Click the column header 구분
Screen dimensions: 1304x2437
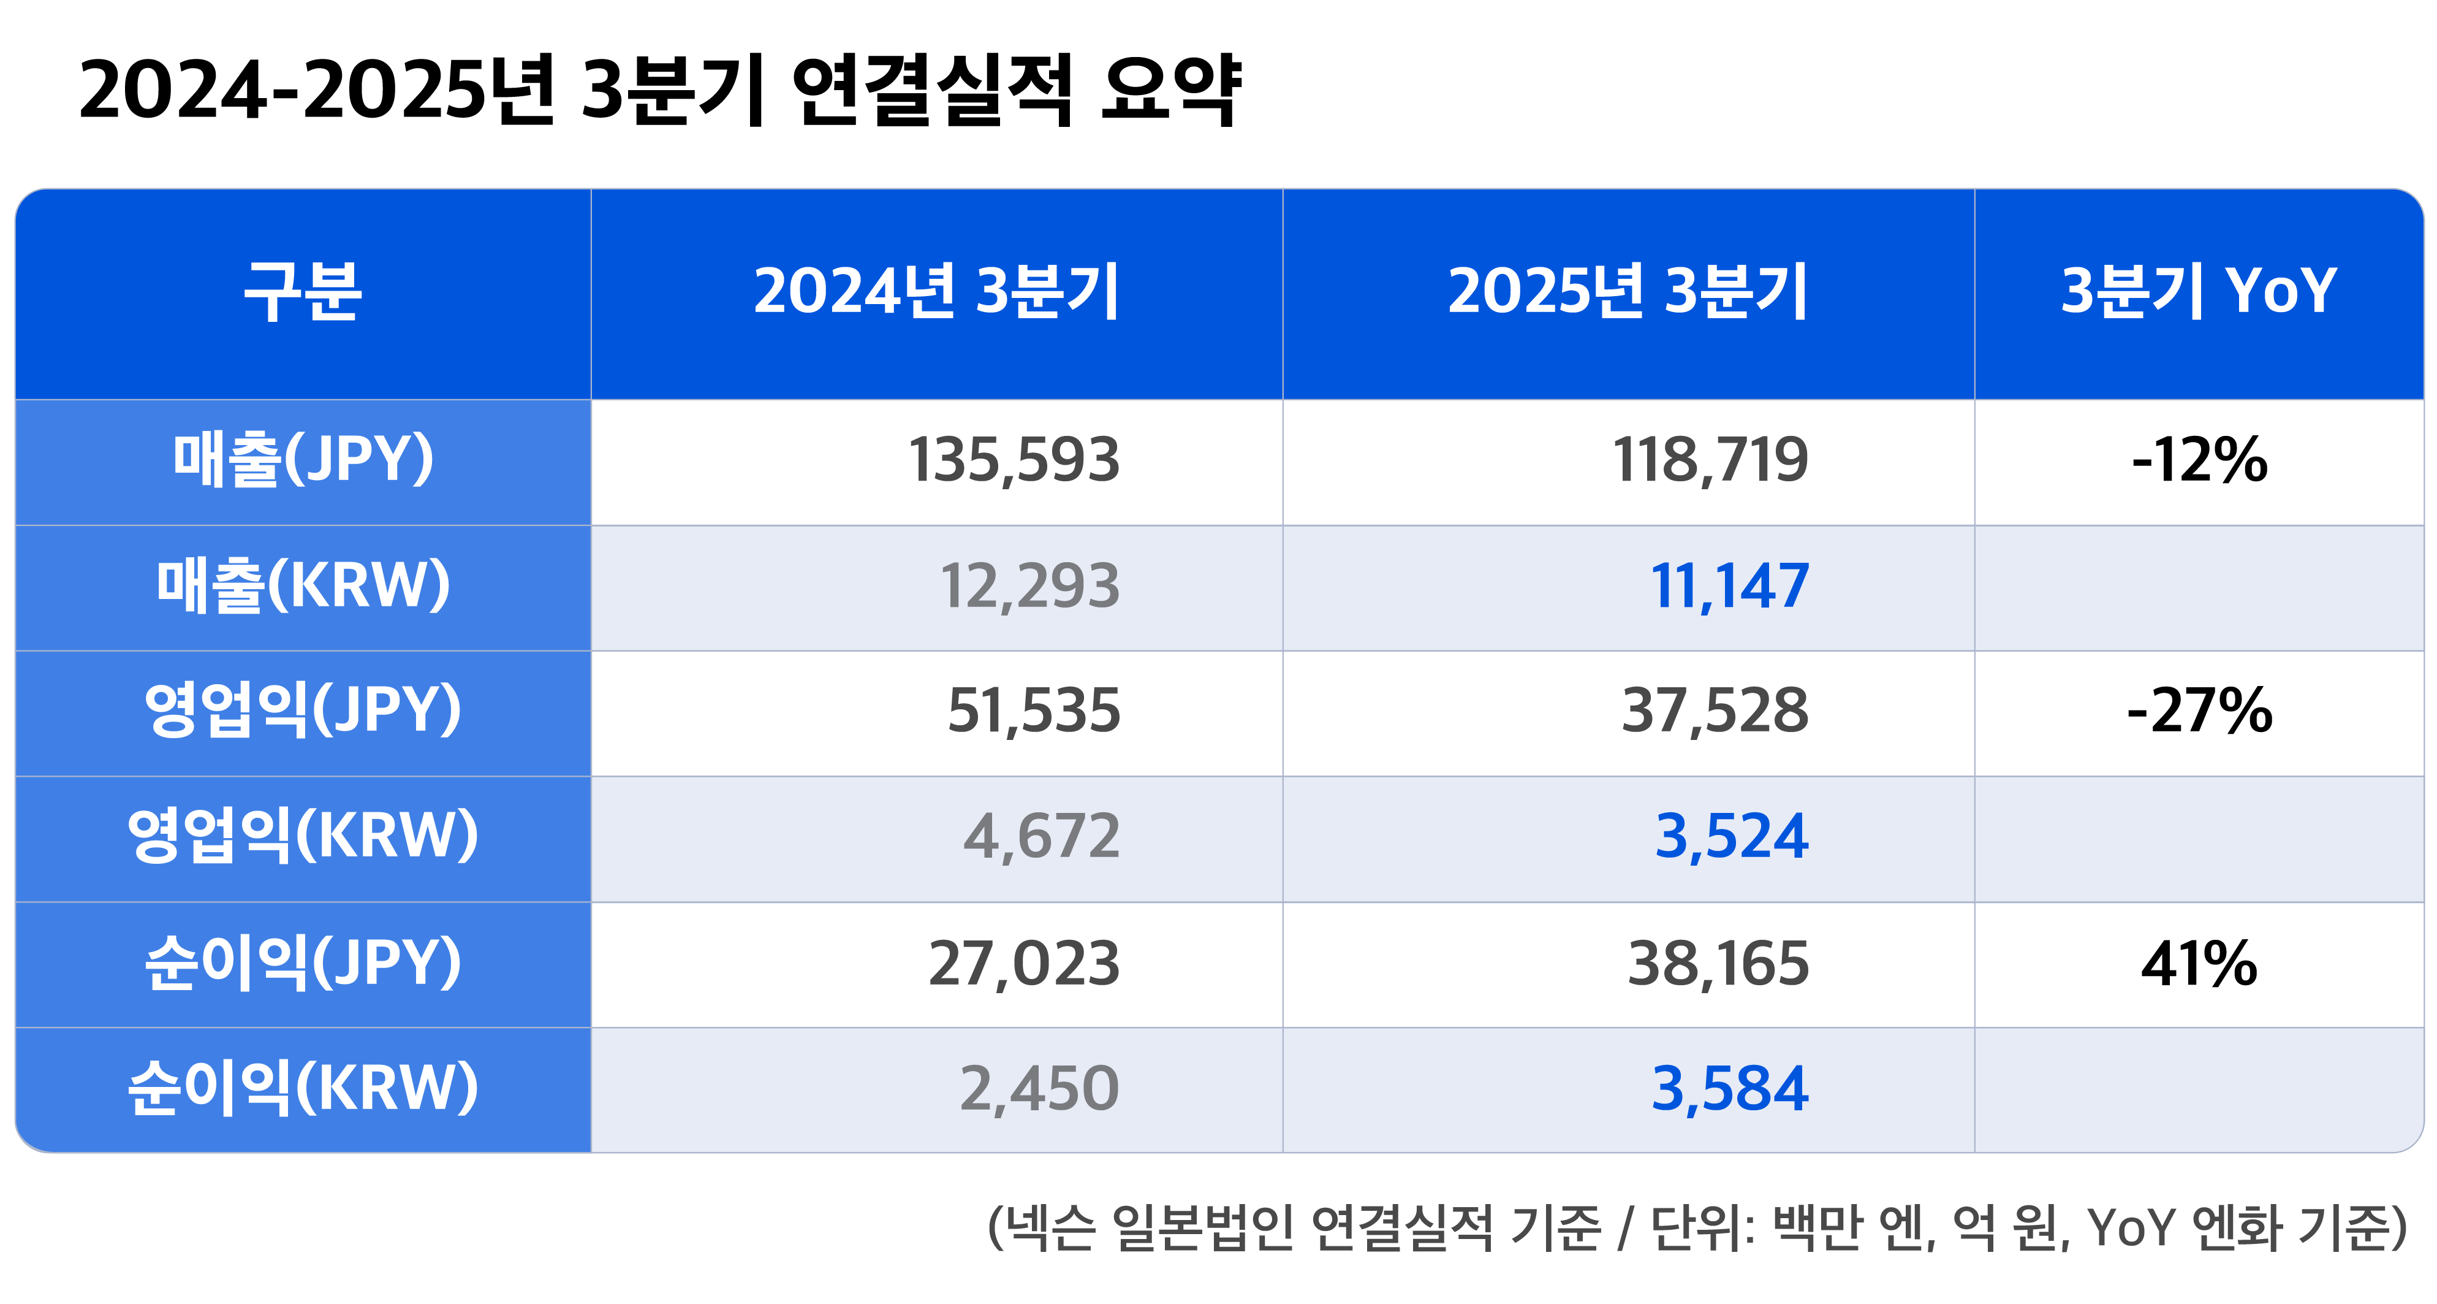pyautogui.click(x=303, y=291)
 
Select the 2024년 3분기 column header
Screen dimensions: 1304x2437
pyautogui.click(x=936, y=291)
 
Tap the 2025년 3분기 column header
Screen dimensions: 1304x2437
pyautogui.click(x=1627, y=291)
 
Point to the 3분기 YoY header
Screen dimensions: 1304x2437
pyautogui.click(x=2197, y=291)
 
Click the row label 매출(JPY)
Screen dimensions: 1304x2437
pyautogui.click(x=303, y=461)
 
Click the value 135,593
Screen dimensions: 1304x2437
pyautogui.click(x=1013, y=461)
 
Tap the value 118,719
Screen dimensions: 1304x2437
pyautogui.click(x=1710, y=461)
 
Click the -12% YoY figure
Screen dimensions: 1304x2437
pyautogui.click(x=2199, y=461)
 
